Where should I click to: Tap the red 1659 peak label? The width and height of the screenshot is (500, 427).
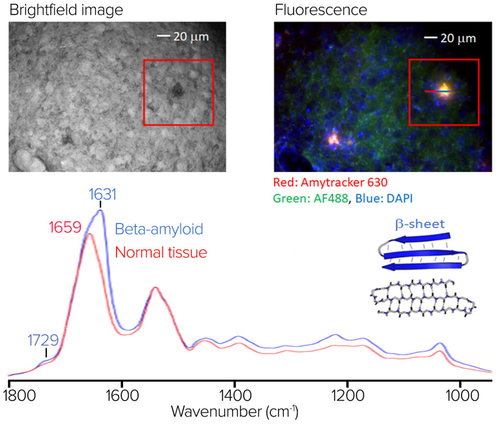tap(65, 227)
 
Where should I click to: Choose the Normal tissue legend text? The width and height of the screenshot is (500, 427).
tap(161, 252)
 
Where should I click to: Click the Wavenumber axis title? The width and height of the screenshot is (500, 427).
tap(234, 412)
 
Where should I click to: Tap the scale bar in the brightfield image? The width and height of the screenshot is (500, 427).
tap(163, 36)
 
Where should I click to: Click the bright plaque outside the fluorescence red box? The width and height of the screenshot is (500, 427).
tap(333, 139)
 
